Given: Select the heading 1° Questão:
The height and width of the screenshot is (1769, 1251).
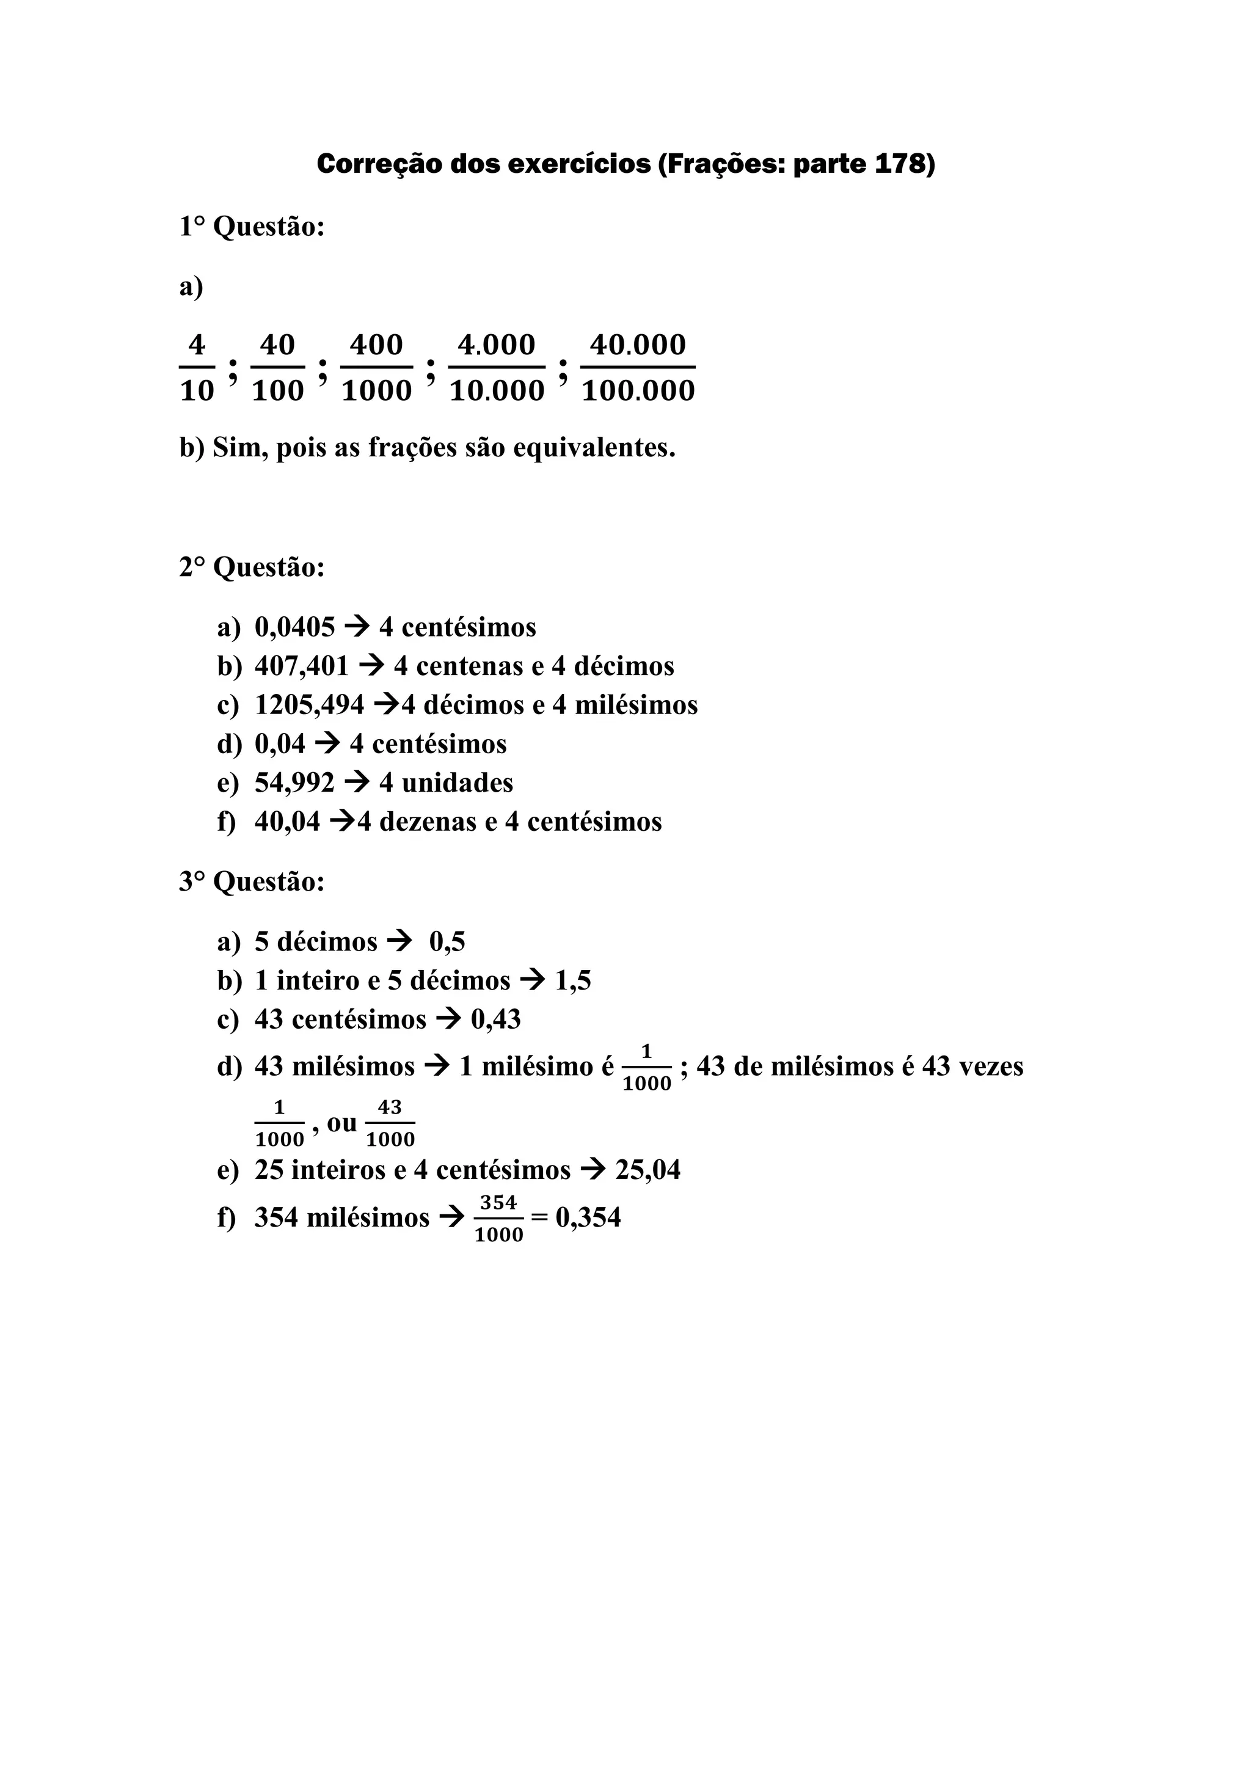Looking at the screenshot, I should point(252,227).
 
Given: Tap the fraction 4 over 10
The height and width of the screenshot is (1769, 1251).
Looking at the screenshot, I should point(197,368).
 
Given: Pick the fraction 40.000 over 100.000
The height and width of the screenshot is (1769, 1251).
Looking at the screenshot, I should point(638,368).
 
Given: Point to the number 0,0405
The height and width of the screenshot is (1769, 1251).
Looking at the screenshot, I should point(295,627).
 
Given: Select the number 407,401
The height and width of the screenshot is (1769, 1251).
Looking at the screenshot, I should point(301,666).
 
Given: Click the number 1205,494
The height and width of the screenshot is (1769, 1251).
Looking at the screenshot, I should point(309,704).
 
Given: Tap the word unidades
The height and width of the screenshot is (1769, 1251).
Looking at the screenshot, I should point(458,783).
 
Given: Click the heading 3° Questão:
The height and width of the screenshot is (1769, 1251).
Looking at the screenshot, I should point(252,881).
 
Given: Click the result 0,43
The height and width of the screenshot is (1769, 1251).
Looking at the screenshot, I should point(496,1019).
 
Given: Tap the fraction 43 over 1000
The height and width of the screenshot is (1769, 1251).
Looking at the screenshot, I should point(390,1123).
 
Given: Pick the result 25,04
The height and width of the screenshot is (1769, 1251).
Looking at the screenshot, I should point(648,1170).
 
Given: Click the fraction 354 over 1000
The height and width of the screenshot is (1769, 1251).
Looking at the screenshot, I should point(498,1218).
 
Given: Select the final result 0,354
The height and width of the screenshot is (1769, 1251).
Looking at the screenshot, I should point(588,1217).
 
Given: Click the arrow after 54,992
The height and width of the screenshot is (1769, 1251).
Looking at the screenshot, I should point(357,783).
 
